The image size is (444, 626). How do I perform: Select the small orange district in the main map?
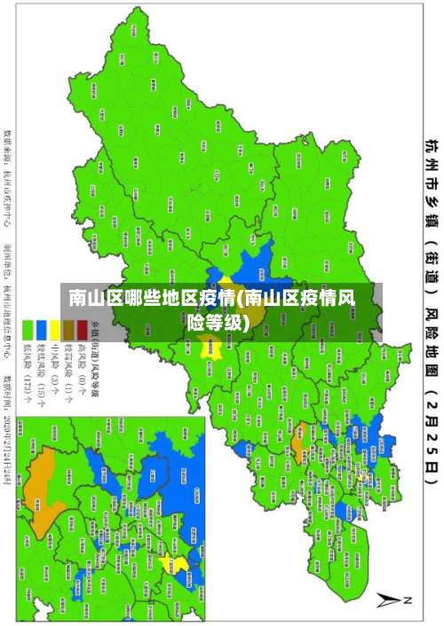point(298,411)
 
